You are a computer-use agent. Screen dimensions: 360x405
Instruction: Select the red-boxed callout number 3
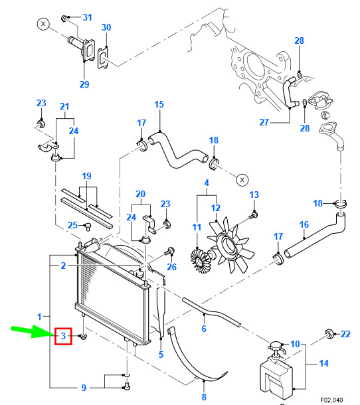click(x=63, y=336)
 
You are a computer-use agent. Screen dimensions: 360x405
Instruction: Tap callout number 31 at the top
click(x=88, y=17)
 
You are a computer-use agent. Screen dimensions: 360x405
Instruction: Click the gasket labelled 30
click(x=102, y=58)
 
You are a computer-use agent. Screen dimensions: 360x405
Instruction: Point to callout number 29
click(x=84, y=84)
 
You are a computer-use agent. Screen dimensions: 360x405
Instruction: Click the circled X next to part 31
click(x=43, y=24)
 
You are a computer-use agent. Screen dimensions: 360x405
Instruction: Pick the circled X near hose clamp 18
click(x=242, y=179)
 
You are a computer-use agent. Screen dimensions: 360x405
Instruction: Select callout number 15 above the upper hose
click(x=159, y=104)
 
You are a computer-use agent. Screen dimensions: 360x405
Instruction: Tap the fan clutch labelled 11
click(x=201, y=260)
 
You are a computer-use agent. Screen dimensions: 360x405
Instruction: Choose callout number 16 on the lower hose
click(x=304, y=224)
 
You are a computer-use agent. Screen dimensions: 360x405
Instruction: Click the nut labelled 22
click(x=329, y=334)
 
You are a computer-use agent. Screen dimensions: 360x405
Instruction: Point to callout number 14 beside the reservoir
click(x=324, y=363)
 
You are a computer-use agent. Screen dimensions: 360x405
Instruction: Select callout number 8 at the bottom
click(x=204, y=397)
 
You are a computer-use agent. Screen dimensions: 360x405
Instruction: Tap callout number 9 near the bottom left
click(x=84, y=388)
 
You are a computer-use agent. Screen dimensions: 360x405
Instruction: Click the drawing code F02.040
click(x=331, y=400)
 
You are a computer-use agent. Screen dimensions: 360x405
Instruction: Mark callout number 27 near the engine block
click(x=264, y=122)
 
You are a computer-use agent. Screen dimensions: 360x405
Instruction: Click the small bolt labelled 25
click(x=88, y=227)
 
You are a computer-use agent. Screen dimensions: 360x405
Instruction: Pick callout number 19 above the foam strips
click(x=86, y=176)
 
